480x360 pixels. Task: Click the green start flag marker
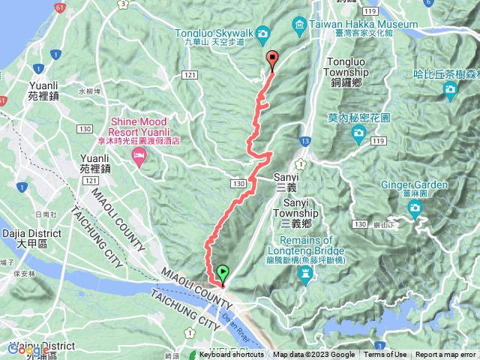click(223, 273)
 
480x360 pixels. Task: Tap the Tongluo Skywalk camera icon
click(262, 33)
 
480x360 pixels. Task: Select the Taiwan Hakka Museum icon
click(299, 24)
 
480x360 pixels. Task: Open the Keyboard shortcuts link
click(232, 355)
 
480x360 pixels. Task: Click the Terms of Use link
click(385, 355)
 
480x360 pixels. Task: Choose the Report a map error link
click(446, 355)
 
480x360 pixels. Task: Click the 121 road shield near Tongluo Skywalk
click(190, 74)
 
